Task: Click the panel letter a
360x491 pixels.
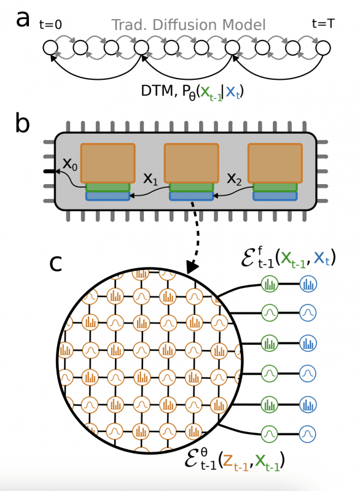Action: pyautogui.click(x=23, y=19)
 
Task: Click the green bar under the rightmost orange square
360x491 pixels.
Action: pyautogui.click(x=275, y=187)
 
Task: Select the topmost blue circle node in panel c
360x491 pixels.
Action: pyautogui.click(x=307, y=284)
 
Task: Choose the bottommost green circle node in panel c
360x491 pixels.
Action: pyautogui.click(x=270, y=433)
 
